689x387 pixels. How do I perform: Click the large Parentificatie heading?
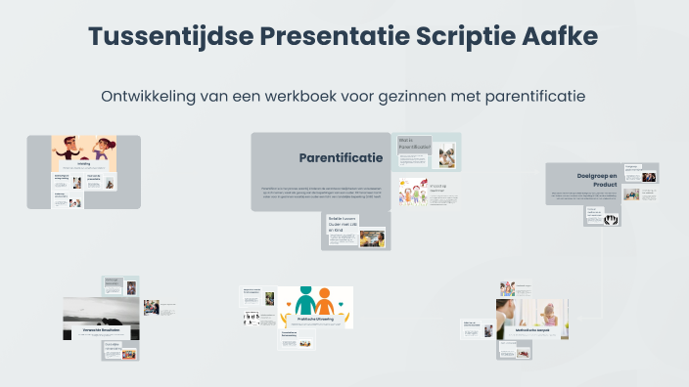(341, 157)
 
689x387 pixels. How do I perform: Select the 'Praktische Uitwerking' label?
(314, 319)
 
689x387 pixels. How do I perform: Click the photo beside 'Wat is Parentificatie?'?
(446, 154)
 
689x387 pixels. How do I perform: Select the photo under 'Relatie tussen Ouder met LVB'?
(372, 237)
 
